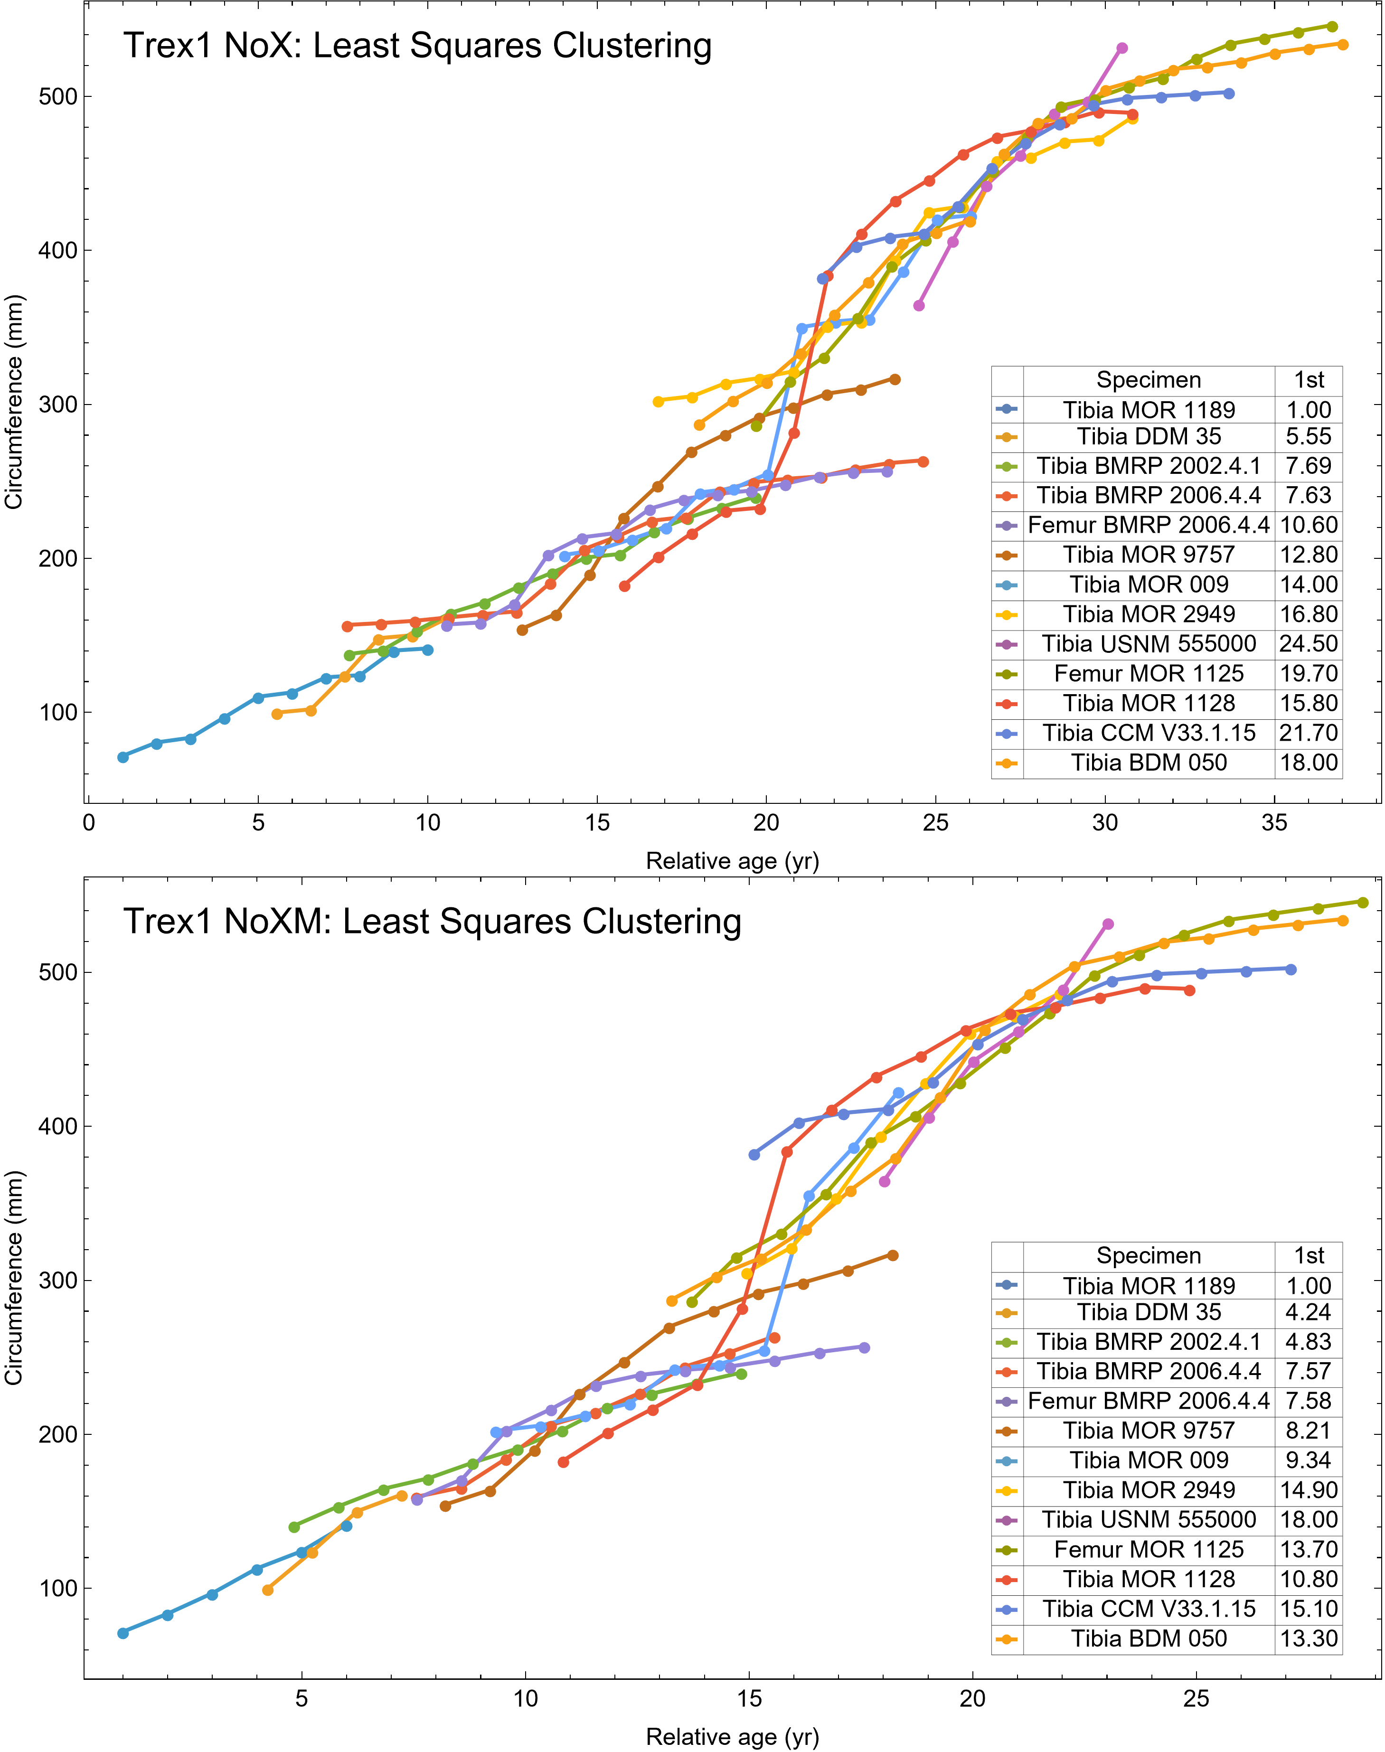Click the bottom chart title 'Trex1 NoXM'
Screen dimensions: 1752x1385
coord(432,922)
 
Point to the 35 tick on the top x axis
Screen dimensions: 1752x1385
coord(1274,823)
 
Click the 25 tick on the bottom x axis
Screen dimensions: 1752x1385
coord(1196,1698)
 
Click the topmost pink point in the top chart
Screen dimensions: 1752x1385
coord(1122,48)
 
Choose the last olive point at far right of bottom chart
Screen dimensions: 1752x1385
coord(1362,902)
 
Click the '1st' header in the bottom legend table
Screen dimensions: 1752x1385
coord(1308,1256)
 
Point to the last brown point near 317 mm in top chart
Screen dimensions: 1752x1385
coord(895,379)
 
